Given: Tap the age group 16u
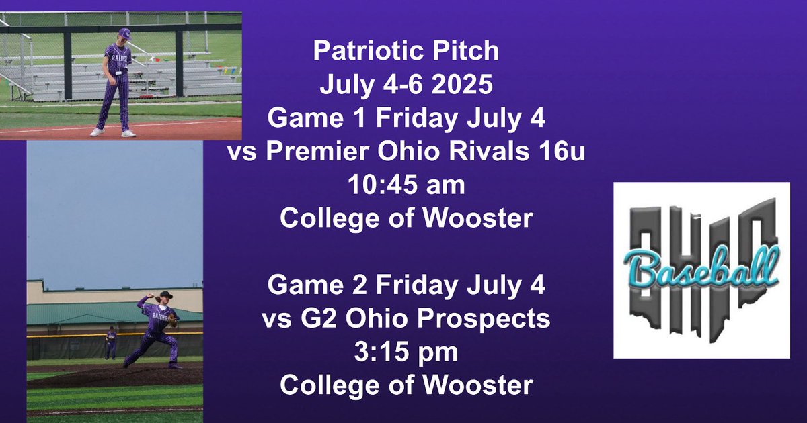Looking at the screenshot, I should pos(564,152).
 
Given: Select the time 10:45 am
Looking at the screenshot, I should pos(406,185).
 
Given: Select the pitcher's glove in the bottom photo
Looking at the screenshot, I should pos(173,320).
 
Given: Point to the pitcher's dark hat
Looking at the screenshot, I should pos(163,296).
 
